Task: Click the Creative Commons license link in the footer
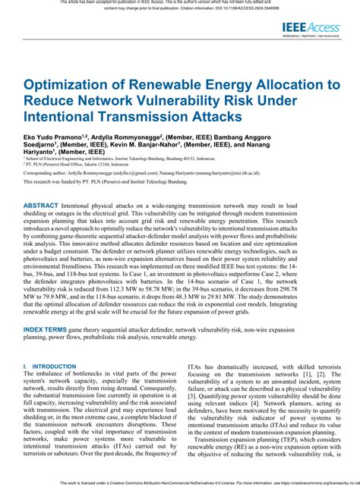click(x=303, y=481)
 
